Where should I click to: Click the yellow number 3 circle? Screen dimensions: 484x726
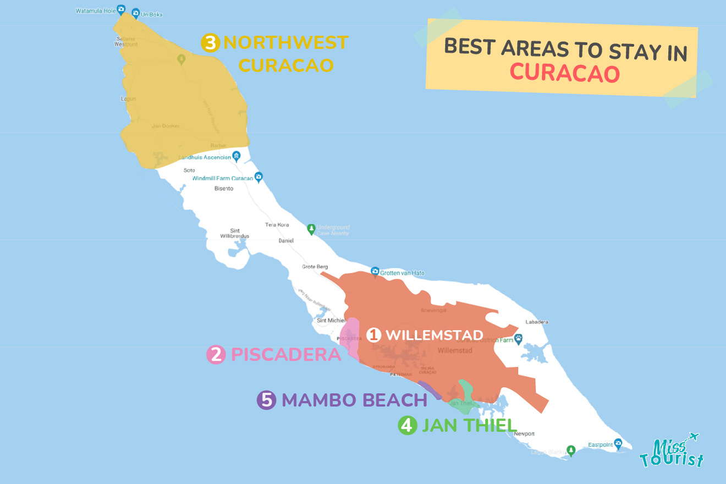coord(210,43)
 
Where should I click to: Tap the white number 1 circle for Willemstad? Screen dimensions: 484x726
coord(374,334)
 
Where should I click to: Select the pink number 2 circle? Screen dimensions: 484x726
coord(216,355)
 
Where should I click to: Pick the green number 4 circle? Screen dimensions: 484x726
coord(407,425)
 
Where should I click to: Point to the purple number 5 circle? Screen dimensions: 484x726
coord(266,400)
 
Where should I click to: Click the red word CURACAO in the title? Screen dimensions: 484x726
coord(565,73)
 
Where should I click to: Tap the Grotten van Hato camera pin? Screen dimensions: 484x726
coord(375,272)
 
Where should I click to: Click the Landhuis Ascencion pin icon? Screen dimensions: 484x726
coord(237,156)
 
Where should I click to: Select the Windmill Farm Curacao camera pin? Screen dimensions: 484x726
coord(258,177)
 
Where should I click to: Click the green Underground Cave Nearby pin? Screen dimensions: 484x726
coord(311,228)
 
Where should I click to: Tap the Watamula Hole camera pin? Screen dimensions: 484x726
coord(121,9)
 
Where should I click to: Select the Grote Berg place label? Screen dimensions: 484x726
coord(315,267)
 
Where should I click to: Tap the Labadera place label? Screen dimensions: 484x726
coord(537,322)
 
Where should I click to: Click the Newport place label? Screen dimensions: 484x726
coord(524,434)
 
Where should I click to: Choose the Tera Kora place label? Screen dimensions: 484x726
coord(277,224)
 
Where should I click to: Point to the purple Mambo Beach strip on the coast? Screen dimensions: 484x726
coord(429,389)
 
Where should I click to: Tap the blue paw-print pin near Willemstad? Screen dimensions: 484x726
coord(518,337)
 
